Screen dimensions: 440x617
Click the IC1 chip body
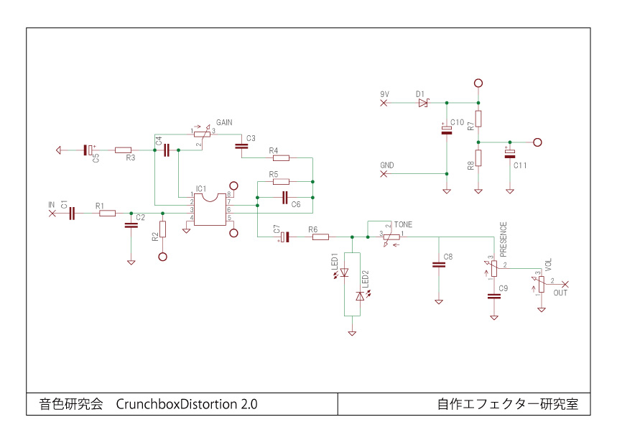coord(210,208)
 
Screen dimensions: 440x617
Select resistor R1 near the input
coord(107,213)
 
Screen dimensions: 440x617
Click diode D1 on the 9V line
coord(422,104)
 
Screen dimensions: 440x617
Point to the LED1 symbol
coord(343,272)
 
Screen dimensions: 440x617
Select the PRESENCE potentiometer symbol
coord(494,268)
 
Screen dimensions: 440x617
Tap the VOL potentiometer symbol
coord(542,283)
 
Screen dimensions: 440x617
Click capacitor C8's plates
coord(438,265)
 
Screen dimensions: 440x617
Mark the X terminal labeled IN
coord(52,213)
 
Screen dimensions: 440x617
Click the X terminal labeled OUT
coord(565,284)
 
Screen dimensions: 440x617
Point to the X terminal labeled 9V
coord(384,104)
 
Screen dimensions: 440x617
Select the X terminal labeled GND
coord(384,173)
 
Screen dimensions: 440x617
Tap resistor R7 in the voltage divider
coord(478,119)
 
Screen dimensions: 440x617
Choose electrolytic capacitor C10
coord(447,129)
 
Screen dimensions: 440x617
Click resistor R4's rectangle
coord(279,157)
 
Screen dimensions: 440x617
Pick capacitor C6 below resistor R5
coord(284,196)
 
